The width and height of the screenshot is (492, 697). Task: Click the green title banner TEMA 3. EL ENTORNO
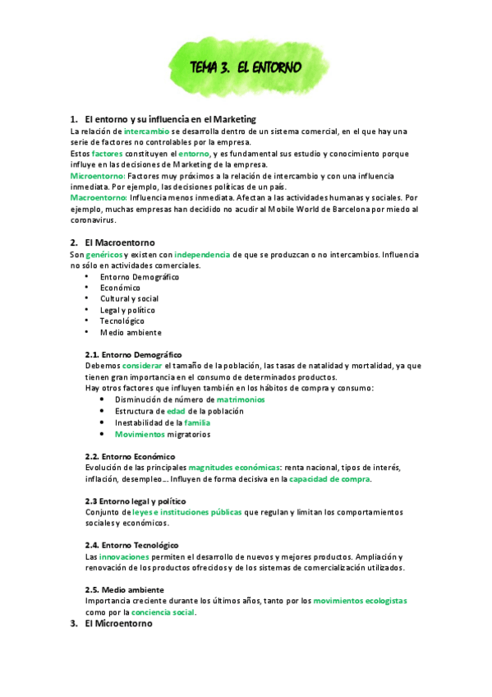click(246, 67)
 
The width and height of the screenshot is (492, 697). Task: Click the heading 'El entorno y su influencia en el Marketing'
click(170, 119)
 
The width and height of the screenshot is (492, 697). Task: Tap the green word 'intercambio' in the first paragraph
click(147, 131)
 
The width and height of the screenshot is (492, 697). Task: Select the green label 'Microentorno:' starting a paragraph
click(98, 175)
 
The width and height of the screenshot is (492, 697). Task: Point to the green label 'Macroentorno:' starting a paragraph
click(98, 197)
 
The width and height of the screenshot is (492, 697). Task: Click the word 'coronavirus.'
click(94, 219)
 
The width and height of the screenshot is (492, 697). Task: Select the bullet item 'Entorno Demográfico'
click(140, 277)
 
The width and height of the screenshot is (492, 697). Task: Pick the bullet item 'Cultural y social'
click(129, 299)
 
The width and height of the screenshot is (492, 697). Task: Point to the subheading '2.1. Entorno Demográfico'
click(133, 354)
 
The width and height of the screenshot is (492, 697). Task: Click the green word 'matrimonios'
click(252, 399)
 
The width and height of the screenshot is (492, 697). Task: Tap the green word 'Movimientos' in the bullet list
click(140, 433)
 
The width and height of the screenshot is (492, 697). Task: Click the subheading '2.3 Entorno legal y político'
click(136, 501)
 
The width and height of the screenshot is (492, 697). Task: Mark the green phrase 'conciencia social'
click(163, 612)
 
